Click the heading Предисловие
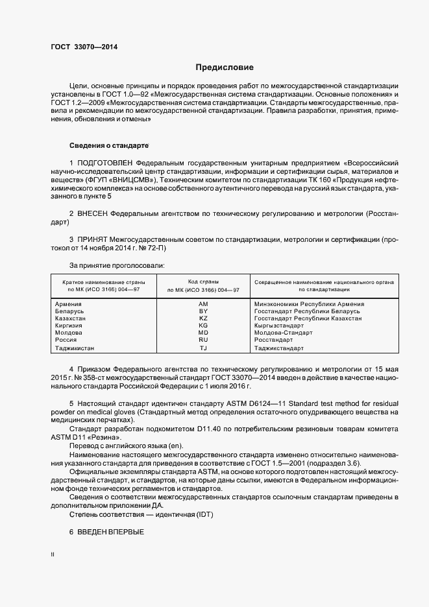(225, 67)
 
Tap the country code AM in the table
(203, 304)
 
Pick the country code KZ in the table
(203, 318)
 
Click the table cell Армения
(68, 304)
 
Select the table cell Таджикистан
(75, 348)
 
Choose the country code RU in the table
(203, 340)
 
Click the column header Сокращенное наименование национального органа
(326, 285)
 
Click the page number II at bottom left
(53, 555)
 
